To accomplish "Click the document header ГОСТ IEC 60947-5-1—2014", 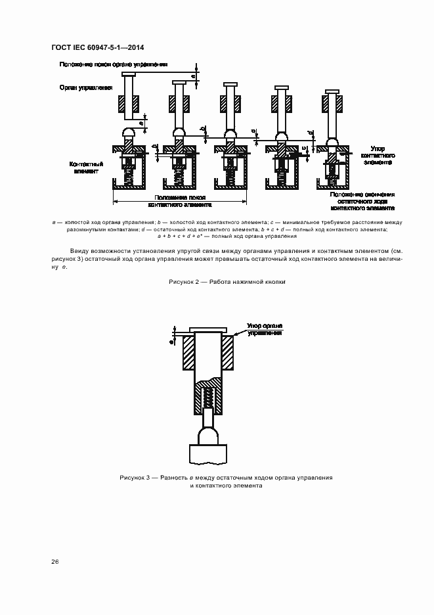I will (x=98, y=47).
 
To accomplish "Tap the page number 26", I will (x=54, y=562).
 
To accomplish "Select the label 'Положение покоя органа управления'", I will (x=114, y=64).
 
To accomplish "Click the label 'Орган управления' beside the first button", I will (x=85, y=87).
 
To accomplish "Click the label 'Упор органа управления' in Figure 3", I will (x=264, y=329).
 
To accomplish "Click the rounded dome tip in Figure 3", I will (x=207, y=434).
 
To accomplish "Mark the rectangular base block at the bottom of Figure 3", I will (x=207, y=453).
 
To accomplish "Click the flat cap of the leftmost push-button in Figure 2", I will (x=129, y=74).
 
